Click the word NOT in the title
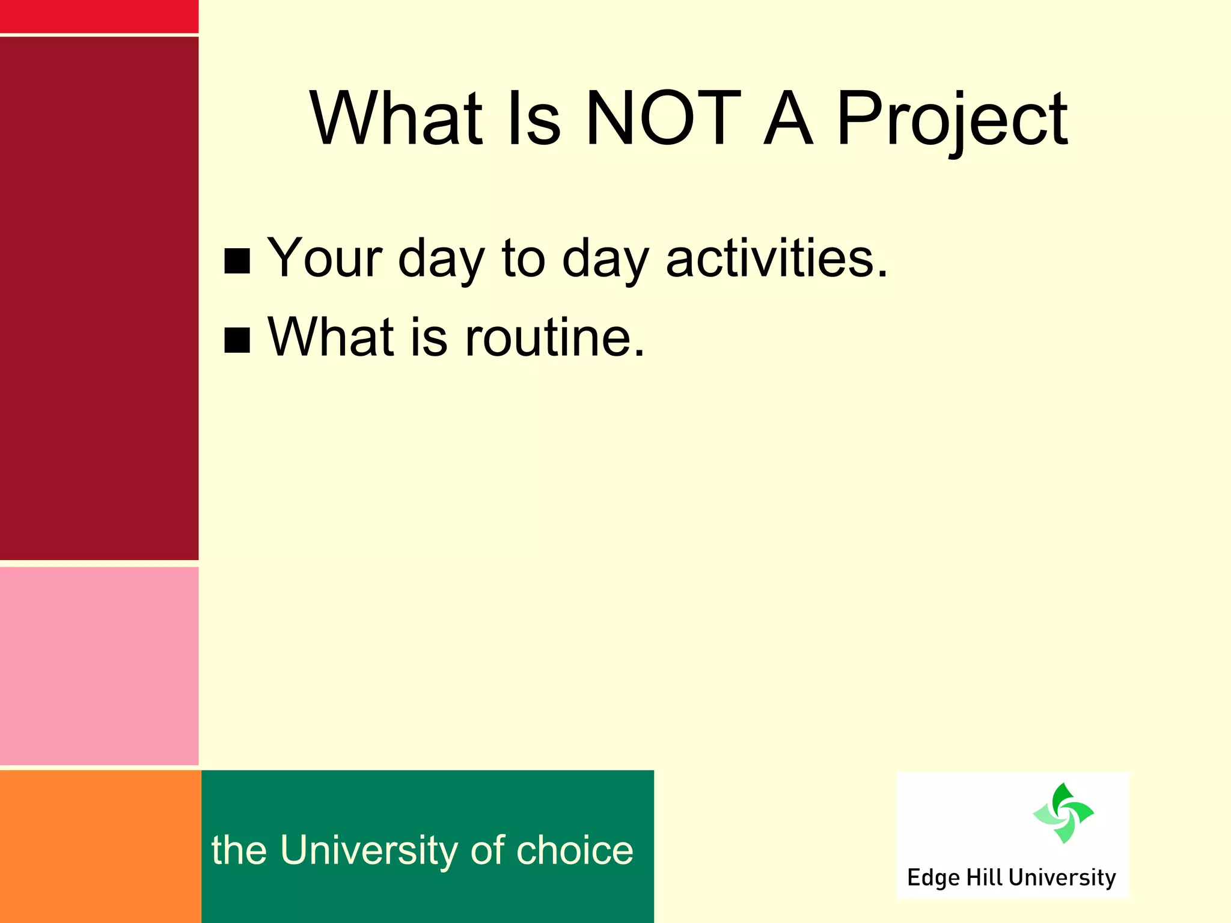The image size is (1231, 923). coord(663,118)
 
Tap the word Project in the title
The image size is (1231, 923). coord(952,120)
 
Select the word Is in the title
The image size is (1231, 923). coord(534,118)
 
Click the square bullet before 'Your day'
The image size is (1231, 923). coord(237,261)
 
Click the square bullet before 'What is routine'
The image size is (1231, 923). coord(237,340)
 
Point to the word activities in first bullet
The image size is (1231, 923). coord(776,258)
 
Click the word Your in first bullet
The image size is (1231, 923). coord(325,258)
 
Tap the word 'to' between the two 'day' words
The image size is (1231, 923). coord(523,258)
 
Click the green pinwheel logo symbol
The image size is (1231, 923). coord(1063,813)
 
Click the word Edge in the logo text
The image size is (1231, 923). coord(933,878)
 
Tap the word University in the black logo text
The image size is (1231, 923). coord(1062,878)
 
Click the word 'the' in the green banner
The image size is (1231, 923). coord(239,850)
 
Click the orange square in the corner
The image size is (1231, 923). coord(100,846)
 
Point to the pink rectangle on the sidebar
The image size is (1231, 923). coord(99,666)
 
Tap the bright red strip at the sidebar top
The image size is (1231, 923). coord(99,16)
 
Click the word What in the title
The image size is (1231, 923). coord(396,118)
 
